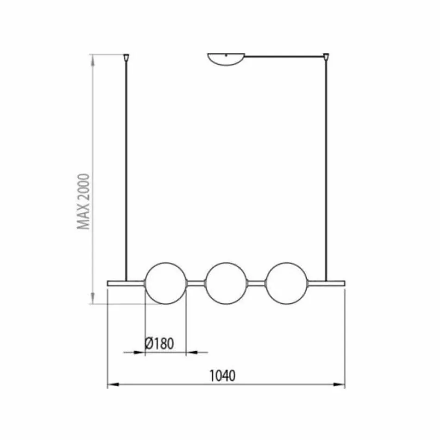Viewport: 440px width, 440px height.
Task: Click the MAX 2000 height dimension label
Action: point(83,201)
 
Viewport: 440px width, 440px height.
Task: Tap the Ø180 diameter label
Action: point(159,344)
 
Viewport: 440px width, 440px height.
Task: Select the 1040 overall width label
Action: point(223,376)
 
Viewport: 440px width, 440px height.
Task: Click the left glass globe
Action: point(165,283)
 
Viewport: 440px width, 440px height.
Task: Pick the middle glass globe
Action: point(225,283)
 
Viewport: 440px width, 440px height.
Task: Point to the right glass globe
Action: point(286,283)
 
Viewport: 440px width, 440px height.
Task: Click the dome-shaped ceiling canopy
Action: point(225,59)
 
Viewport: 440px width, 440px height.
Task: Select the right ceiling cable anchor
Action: point(327,58)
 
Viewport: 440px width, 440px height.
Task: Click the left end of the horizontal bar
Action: point(111,283)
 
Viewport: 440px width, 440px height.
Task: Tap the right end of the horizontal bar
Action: point(341,283)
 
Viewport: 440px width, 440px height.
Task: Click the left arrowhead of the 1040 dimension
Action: point(111,384)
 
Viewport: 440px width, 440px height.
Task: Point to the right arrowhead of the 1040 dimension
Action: point(341,384)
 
